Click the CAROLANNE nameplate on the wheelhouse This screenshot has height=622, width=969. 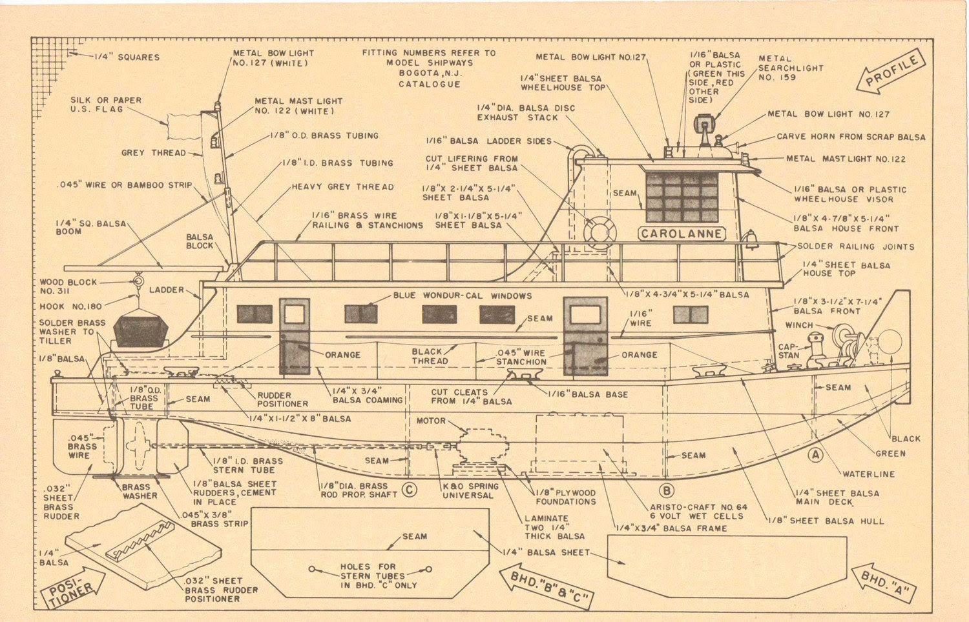(x=682, y=234)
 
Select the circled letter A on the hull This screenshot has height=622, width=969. (x=816, y=455)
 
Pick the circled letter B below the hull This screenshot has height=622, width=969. (x=667, y=490)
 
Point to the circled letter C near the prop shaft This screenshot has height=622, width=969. (x=408, y=490)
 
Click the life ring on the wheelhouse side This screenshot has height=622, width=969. (x=599, y=232)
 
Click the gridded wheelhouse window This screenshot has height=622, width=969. (x=682, y=197)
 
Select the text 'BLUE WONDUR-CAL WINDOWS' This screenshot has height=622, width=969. (x=462, y=296)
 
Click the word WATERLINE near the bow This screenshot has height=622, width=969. (x=868, y=474)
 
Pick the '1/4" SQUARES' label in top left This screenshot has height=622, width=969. (x=127, y=57)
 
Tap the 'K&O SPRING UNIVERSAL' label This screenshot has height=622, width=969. (x=470, y=491)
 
